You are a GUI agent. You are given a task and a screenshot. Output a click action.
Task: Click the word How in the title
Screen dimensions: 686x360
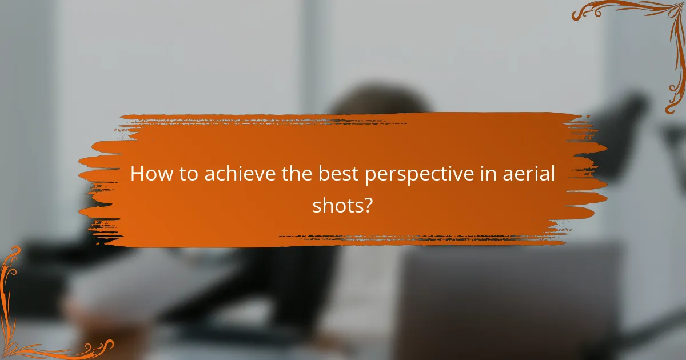pos(152,174)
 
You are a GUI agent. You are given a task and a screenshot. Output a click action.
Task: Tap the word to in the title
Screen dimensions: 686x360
pos(188,174)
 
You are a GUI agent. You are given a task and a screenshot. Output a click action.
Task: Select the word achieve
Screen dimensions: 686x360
pos(240,173)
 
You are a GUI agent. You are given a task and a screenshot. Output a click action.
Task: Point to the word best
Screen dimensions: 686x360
pos(338,173)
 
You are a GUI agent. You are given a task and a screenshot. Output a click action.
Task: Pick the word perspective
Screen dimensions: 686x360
pos(419,175)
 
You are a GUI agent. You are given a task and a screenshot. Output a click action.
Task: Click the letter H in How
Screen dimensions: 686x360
pos(137,174)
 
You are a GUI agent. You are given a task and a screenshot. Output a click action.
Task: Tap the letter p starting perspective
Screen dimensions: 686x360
pos(371,177)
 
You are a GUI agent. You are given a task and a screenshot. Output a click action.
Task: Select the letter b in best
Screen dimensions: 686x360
pos(324,173)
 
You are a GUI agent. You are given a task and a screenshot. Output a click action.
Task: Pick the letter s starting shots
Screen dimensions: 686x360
pos(317,207)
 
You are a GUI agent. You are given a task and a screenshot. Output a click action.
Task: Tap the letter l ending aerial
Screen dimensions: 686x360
pos(553,173)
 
